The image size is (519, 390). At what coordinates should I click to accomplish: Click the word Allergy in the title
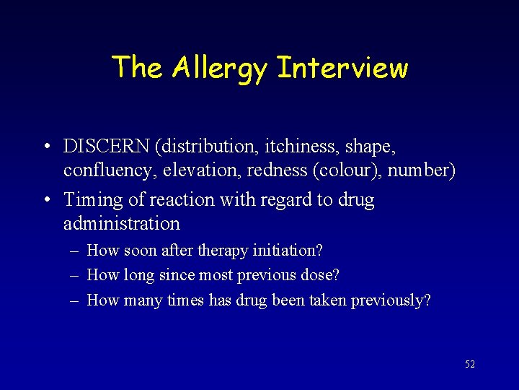[219, 69]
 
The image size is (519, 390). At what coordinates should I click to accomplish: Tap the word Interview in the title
[342, 68]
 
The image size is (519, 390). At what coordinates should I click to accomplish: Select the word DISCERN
[107, 147]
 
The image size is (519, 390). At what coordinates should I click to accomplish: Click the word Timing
[92, 199]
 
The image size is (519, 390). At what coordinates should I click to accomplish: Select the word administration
[121, 223]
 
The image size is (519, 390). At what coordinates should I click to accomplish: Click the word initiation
[288, 251]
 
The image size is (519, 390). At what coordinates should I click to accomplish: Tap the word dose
[321, 275]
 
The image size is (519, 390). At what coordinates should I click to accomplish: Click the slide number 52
[470, 365]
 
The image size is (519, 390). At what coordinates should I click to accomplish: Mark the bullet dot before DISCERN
[45, 147]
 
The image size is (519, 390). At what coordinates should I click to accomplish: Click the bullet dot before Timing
[45, 200]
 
